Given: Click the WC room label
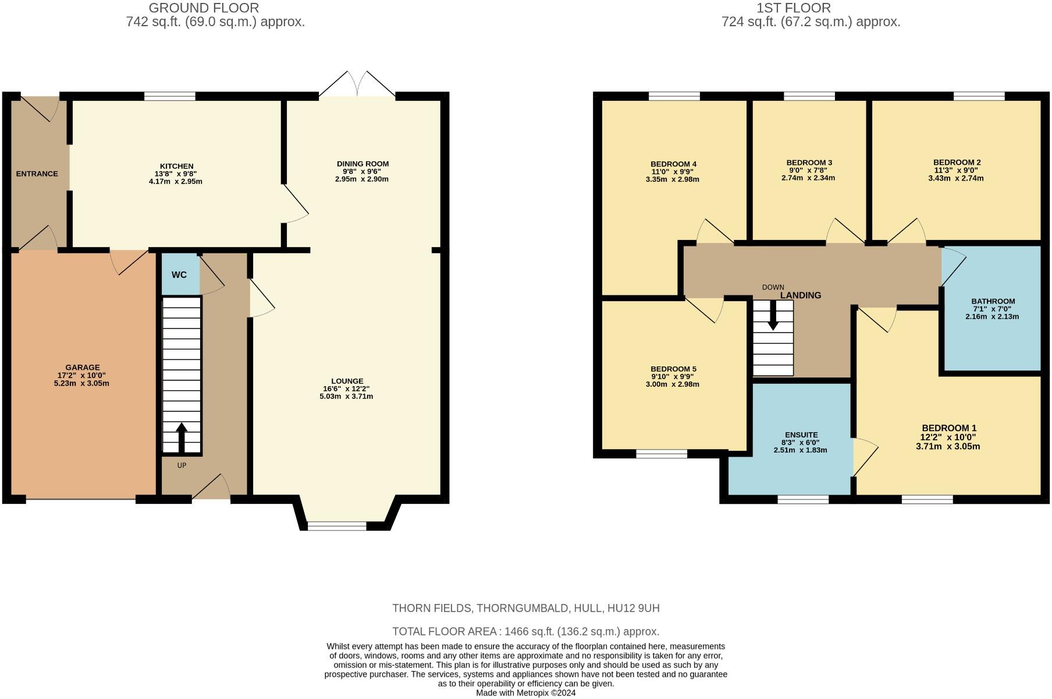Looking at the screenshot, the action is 179,274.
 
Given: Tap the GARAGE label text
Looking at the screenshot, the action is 83,368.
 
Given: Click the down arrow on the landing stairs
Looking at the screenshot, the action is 773,315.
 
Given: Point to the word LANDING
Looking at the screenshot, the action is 801,295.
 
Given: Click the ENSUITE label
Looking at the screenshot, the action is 801,435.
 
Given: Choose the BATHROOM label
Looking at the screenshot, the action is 993,302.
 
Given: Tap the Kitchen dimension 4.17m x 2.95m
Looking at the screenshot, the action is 176,182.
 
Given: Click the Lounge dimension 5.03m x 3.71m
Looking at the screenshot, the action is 347,397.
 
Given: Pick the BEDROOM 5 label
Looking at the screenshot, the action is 673,369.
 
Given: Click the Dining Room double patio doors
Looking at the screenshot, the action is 357,84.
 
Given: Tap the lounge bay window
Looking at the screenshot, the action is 337,526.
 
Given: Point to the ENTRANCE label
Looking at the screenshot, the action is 37,174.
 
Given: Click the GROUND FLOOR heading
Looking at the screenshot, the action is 204,8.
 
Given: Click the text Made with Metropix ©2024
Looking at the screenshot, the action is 526,693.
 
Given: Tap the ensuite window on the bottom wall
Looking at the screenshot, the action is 803,499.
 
